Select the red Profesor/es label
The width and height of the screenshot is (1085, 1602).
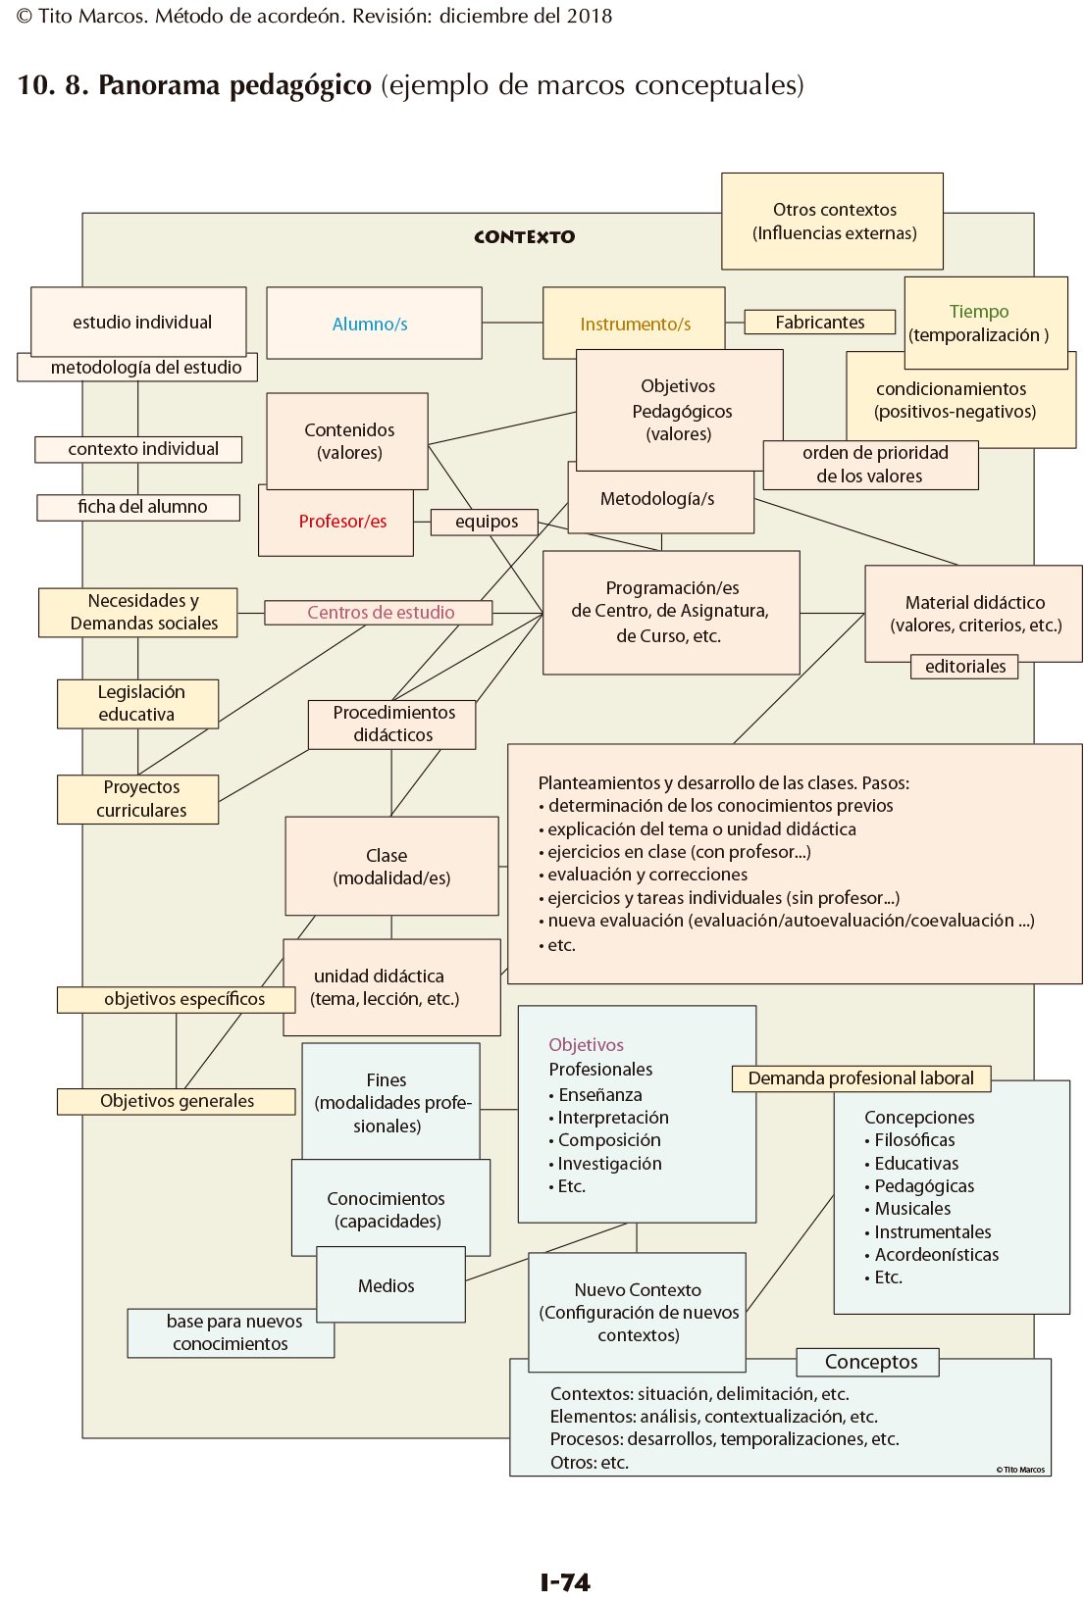coord(342,522)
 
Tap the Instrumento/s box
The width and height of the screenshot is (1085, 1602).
coord(635,324)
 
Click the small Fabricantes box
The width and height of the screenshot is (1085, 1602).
coord(819,322)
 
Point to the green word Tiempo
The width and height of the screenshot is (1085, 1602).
coord(978,311)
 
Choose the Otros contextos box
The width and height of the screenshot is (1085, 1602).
coord(833,222)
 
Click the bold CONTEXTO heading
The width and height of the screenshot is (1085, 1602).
coord(524,237)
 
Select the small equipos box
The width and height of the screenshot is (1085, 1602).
coord(486,522)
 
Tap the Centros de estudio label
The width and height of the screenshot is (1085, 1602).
coord(380,613)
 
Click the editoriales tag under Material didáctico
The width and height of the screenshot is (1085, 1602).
coord(964,667)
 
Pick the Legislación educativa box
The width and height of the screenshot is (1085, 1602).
coord(138,704)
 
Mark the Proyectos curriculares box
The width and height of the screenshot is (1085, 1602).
coord(138,799)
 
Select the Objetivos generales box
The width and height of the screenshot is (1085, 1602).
coord(177,1101)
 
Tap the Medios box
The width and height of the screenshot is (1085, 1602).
coord(388,1285)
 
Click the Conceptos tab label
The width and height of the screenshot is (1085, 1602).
coord(869,1362)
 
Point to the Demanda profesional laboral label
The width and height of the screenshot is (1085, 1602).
coord(860,1078)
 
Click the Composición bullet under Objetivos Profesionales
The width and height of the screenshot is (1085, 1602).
coord(608,1140)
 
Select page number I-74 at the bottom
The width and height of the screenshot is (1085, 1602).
coord(565,1581)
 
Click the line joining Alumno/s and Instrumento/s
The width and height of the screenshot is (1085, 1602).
coord(512,323)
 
